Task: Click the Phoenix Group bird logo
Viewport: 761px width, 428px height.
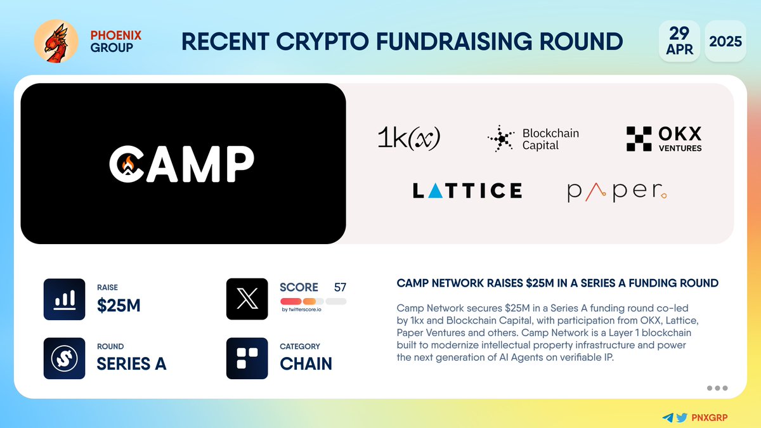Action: tap(56, 41)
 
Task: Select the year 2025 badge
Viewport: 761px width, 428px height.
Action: tap(725, 41)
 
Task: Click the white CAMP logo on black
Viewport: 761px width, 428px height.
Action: tap(181, 164)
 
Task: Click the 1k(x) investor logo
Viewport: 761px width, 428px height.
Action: tap(408, 138)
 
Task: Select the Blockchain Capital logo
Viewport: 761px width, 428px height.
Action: tap(533, 139)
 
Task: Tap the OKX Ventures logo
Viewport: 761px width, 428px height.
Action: tap(664, 139)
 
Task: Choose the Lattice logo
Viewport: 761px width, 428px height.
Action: tap(467, 190)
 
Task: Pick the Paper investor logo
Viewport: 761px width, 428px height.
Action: tap(617, 191)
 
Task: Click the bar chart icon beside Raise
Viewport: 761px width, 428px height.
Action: tap(64, 299)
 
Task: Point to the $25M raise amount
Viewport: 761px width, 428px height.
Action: tap(118, 306)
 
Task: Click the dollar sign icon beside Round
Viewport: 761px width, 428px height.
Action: tap(64, 358)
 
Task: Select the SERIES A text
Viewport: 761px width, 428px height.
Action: tap(131, 364)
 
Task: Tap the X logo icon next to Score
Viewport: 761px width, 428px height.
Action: tap(247, 299)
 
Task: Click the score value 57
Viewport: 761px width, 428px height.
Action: tap(340, 287)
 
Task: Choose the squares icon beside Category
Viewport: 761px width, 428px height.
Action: tap(247, 358)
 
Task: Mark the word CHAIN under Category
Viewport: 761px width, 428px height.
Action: tap(306, 364)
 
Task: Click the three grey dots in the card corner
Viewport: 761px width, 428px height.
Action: tap(717, 388)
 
